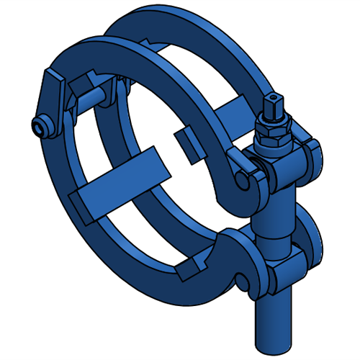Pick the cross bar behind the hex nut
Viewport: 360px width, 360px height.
click(x=234, y=112)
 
